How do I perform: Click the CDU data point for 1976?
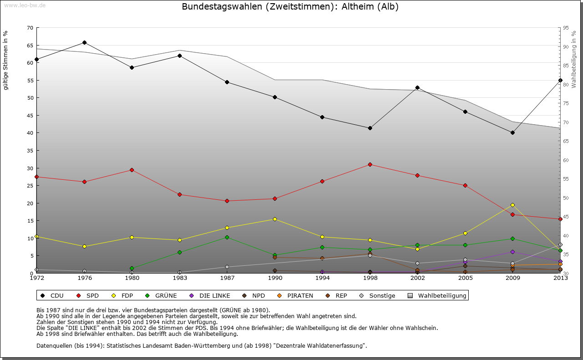pyautogui.click(x=84, y=43)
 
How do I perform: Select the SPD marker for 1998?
pyautogui.click(x=370, y=164)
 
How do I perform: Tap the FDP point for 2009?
pyautogui.click(x=512, y=205)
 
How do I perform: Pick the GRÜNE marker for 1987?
pyautogui.click(x=227, y=237)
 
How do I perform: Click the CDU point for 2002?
pyautogui.click(x=417, y=87)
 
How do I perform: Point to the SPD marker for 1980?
pyautogui.click(x=132, y=170)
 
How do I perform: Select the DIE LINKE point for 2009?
pyautogui.click(x=512, y=252)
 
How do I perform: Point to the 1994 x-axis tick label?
pyautogui.click(x=322, y=278)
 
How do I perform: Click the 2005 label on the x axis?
pyautogui.click(x=465, y=278)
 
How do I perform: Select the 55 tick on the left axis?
pyautogui.click(x=30, y=80)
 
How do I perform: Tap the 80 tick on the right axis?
pyautogui.click(x=566, y=85)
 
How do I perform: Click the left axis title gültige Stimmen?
pyautogui.click(x=5, y=60)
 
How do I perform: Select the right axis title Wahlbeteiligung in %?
pyautogui.click(x=574, y=60)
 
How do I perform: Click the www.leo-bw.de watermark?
pyautogui.click(x=24, y=5)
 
